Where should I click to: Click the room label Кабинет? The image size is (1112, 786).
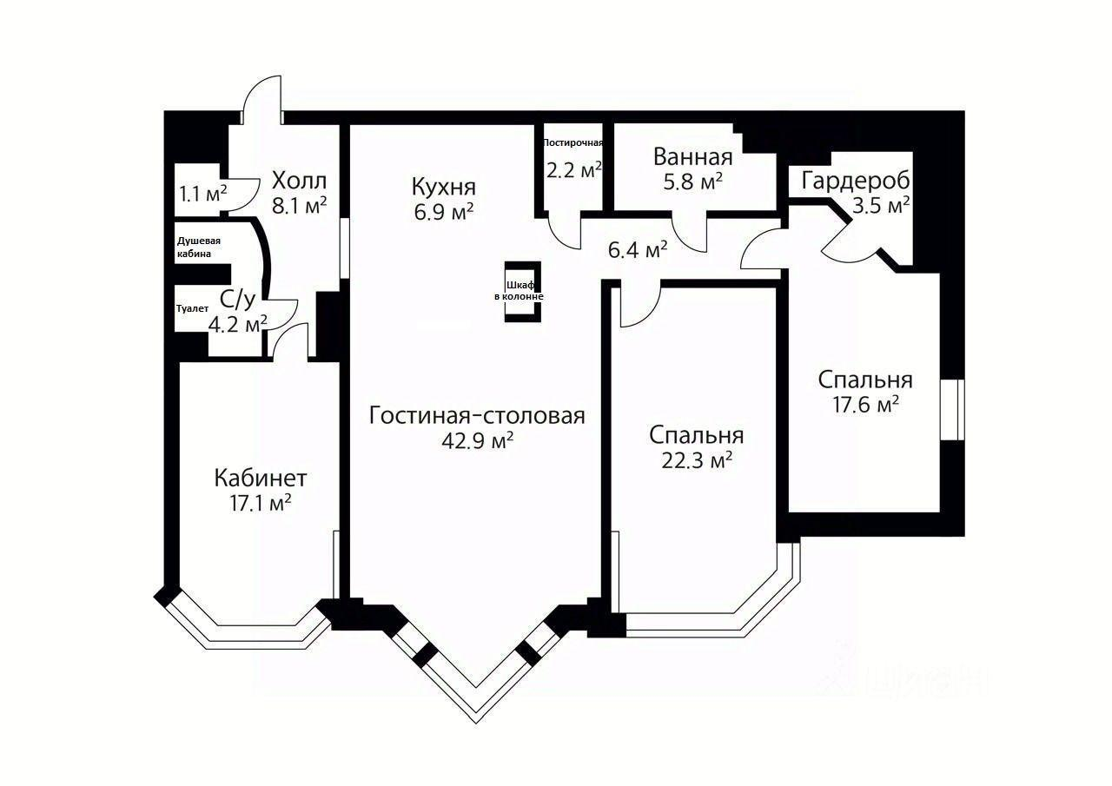(x=261, y=478)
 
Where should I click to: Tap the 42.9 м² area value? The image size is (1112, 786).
(x=477, y=440)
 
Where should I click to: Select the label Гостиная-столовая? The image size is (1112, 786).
(x=477, y=415)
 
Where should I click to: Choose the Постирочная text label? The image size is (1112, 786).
(x=573, y=142)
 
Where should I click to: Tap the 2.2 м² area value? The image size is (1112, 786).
(x=573, y=170)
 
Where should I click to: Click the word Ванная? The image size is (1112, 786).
(x=692, y=157)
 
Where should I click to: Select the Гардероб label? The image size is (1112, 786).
(x=856, y=181)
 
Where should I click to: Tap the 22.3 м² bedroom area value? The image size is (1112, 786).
(x=697, y=460)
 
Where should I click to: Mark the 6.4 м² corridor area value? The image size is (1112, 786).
(x=638, y=250)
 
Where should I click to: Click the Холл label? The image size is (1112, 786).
(x=299, y=182)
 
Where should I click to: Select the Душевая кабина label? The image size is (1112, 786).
(x=199, y=247)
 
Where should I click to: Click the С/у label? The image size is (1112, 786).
(x=237, y=301)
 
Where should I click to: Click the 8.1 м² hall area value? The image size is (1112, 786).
(x=299, y=206)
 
